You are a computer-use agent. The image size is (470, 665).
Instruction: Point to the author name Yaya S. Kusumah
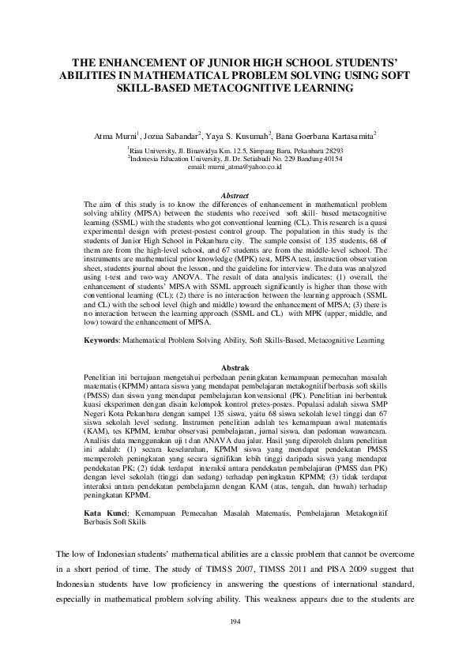pos(239,135)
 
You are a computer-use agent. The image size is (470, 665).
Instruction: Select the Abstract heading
pos(235,195)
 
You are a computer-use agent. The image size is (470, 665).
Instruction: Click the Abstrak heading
pos(235,368)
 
